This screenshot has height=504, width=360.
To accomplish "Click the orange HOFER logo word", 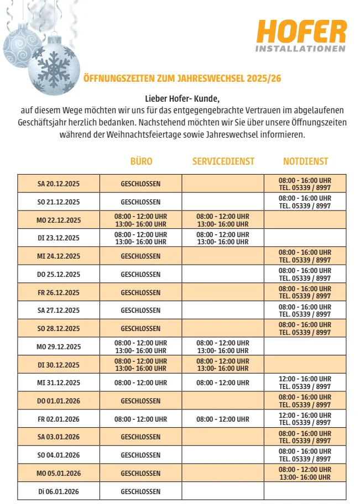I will pos(301,32).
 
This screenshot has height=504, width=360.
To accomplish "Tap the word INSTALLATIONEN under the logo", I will pos(301,49).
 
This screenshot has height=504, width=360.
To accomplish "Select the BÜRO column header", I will pos(141,161).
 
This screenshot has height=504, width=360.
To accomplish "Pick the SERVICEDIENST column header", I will pos(223,161).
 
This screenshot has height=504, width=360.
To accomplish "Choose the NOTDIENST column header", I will pos(305,161).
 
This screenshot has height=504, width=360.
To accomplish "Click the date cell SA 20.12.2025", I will pos(59,183).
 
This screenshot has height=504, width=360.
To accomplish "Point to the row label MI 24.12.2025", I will pos(59,256).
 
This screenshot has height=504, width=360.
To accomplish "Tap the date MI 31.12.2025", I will pos(59,382).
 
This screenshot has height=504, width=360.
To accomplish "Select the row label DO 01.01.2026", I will pos(59,401).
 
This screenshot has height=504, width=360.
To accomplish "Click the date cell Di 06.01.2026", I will pos(59,491).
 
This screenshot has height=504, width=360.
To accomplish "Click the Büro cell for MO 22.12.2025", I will pos(140,220).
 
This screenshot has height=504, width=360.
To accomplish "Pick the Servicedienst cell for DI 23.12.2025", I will pos(223,238).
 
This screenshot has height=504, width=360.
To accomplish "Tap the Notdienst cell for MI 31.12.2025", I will pos(305,382).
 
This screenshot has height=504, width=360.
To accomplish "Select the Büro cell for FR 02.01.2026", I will pos(140,419).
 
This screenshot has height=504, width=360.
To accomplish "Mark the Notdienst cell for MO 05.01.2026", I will pos(305,473).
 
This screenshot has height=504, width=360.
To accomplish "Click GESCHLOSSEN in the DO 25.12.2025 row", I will pos(140,274).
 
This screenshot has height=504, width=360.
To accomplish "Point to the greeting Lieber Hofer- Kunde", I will pos(182,99).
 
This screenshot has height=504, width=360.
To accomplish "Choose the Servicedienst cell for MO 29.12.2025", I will pos(223,347).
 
